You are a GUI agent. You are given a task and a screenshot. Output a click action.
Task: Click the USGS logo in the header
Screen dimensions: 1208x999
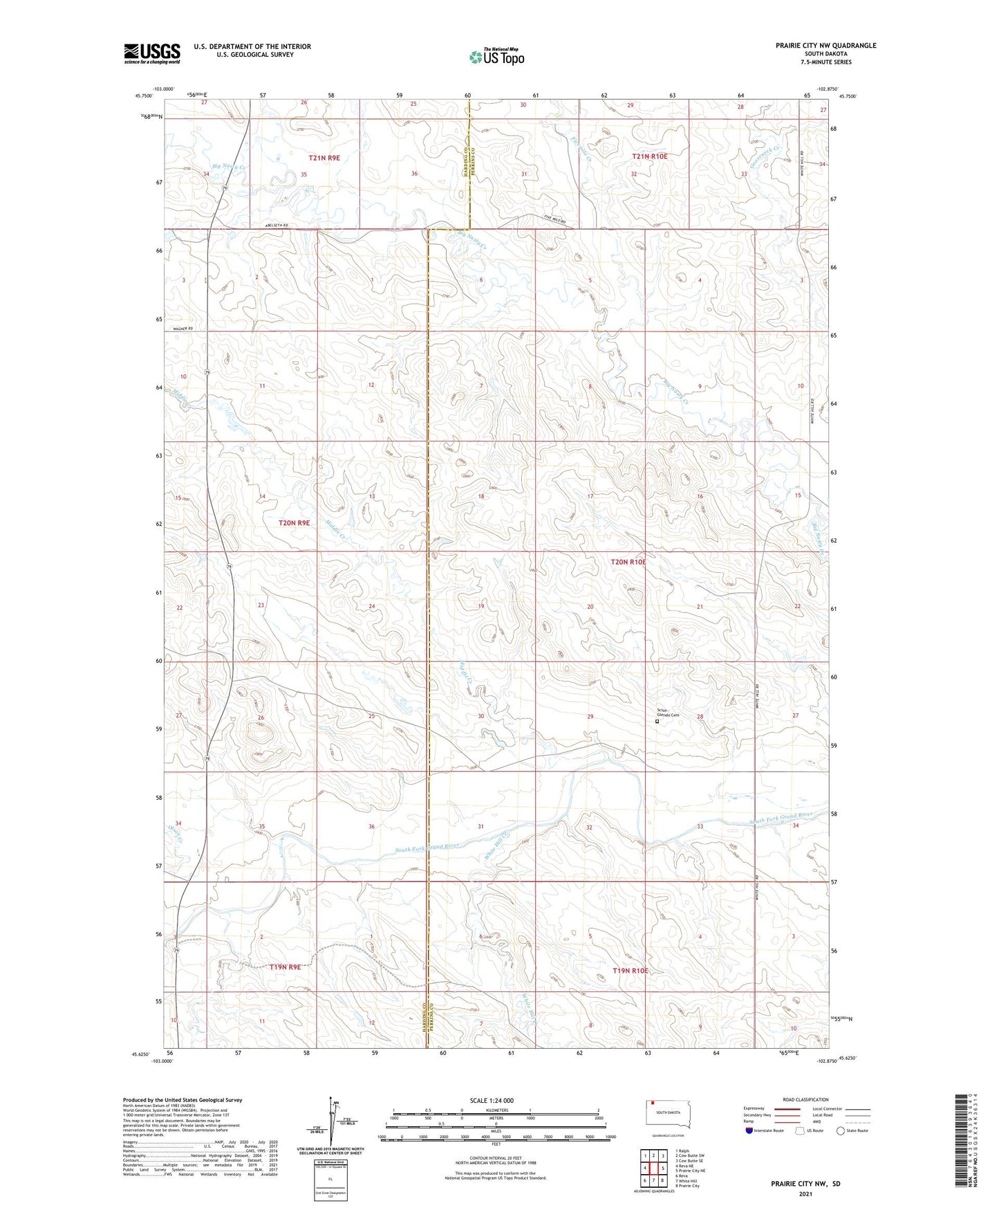point(151,53)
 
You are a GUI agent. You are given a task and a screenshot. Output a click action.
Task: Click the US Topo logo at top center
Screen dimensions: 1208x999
point(496,57)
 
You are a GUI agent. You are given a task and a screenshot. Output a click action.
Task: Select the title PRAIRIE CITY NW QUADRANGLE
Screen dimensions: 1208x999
point(825,46)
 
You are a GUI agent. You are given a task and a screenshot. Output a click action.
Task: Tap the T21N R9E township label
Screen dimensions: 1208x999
point(324,158)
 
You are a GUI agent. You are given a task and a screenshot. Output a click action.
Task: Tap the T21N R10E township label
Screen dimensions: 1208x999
point(649,156)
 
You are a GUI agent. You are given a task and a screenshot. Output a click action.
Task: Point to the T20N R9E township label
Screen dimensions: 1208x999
point(294,523)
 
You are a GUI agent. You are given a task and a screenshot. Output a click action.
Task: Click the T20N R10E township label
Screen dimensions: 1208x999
point(628,562)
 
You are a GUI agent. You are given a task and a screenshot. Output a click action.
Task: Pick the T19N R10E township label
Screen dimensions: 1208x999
point(631,971)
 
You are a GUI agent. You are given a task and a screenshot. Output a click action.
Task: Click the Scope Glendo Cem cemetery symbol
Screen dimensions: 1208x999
point(657,722)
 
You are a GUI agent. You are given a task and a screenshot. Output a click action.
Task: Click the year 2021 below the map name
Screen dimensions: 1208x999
point(805,1194)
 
